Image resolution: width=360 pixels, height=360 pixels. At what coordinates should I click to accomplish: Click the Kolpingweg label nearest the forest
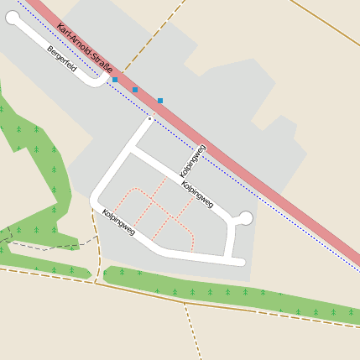[x=118, y=222]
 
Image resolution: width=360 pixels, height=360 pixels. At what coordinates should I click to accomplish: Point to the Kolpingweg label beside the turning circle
[x=197, y=192]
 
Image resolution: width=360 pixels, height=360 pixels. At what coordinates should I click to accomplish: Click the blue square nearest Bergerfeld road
[x=115, y=80]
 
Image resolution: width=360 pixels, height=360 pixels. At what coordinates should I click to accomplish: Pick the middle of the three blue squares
[x=135, y=90]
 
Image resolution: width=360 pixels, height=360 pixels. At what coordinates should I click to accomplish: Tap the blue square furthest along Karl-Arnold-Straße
[x=160, y=101]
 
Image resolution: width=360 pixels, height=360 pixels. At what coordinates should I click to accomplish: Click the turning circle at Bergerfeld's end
[x=13, y=18]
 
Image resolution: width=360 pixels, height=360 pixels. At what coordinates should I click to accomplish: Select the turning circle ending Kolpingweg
[x=245, y=218]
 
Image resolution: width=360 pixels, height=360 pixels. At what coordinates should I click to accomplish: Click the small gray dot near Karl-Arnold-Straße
[x=150, y=119]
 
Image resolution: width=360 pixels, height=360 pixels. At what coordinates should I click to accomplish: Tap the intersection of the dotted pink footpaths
[x=153, y=201]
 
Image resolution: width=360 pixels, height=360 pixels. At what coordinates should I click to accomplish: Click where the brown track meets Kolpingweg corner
[x=91, y=206]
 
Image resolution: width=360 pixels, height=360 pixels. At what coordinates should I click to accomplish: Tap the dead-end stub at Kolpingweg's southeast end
[x=240, y=263]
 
